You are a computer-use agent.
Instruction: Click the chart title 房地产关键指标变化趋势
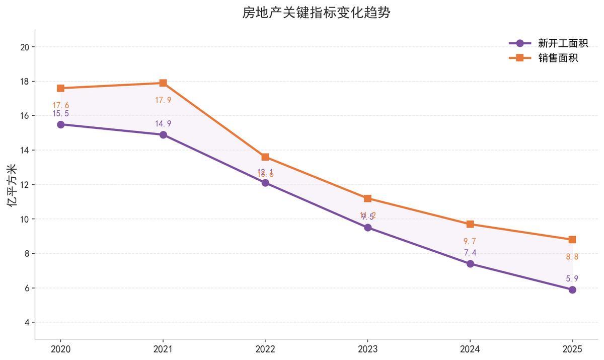(x=316, y=13)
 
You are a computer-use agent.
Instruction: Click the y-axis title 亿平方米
(x=12, y=185)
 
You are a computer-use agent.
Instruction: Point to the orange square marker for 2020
(x=60, y=88)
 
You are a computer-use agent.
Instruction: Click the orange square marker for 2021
(x=163, y=83)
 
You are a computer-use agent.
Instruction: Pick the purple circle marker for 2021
(x=163, y=135)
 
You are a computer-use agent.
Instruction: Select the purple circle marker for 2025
(x=572, y=290)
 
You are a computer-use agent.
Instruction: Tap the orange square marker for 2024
(x=470, y=224)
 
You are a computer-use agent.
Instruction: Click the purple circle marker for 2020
(x=60, y=124)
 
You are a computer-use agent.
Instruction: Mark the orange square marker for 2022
(x=265, y=157)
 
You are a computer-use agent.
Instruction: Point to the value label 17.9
(x=163, y=100)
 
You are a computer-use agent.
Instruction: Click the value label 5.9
(x=572, y=278)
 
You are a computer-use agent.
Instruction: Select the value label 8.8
(x=572, y=257)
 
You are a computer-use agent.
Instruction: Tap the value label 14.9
(x=163, y=124)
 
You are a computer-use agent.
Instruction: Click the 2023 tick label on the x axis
(x=367, y=349)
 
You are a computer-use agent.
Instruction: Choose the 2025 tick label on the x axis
(x=572, y=349)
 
